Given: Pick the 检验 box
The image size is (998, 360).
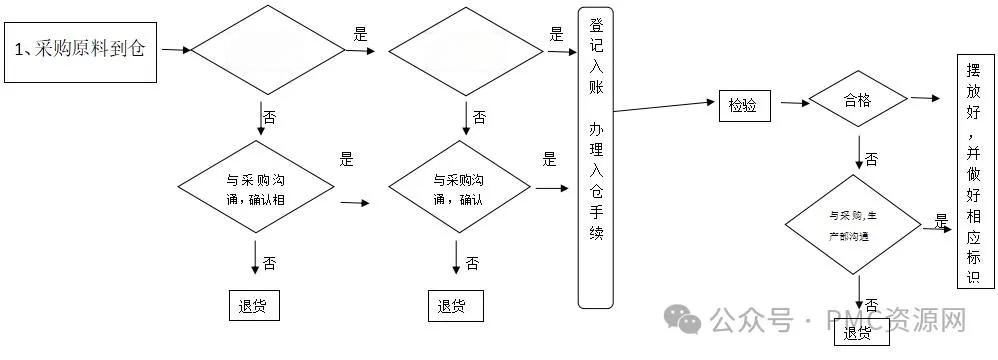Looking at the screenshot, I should click(x=743, y=104).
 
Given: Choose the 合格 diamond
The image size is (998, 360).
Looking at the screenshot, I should click(x=857, y=101).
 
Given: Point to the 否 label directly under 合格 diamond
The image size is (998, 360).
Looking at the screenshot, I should click(x=871, y=159).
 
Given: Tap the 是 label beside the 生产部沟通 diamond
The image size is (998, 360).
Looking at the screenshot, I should click(x=940, y=221).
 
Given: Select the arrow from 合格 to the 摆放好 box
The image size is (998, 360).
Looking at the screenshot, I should click(x=925, y=98).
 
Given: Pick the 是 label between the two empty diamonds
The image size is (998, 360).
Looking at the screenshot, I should click(x=361, y=34).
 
